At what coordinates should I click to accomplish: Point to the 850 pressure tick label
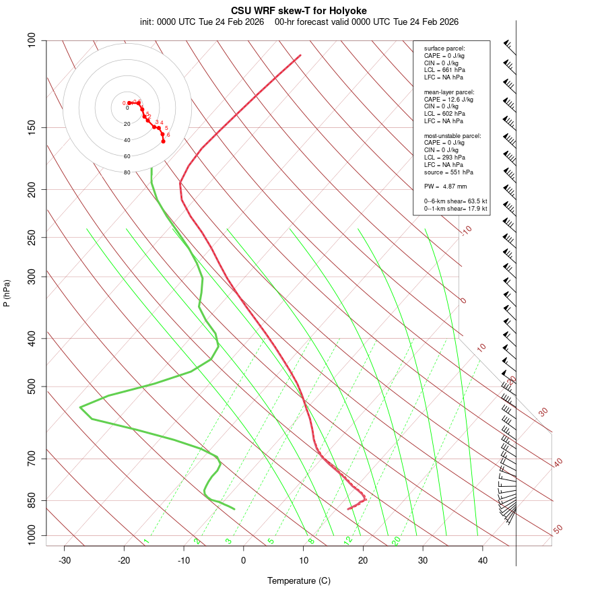pyautogui.click(x=32, y=500)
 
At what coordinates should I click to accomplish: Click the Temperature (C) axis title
pyautogui.click(x=298, y=580)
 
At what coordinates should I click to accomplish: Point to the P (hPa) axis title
pyautogui.click(x=7, y=293)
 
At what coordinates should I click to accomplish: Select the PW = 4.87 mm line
pyautogui.click(x=445, y=187)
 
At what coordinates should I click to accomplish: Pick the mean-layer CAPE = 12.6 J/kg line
pyautogui.click(x=448, y=100)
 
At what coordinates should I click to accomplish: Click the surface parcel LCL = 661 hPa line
pyautogui.click(x=444, y=70)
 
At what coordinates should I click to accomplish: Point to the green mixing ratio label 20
pyautogui.click(x=397, y=541)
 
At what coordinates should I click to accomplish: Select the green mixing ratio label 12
pyautogui.click(x=348, y=541)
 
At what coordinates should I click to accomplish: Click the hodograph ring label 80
pyautogui.click(x=127, y=172)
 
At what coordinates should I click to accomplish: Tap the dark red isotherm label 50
pyautogui.click(x=558, y=530)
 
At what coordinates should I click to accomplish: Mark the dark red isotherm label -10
pyautogui.click(x=466, y=230)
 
